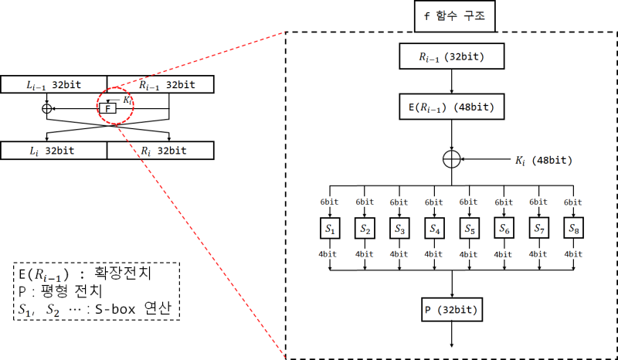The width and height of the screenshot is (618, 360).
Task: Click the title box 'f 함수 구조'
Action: [453, 15]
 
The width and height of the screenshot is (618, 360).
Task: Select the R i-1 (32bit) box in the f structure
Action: [452, 56]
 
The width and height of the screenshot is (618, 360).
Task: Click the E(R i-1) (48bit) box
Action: [452, 107]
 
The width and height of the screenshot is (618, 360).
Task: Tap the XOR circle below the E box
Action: [452, 159]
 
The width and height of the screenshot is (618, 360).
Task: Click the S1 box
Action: [330, 229]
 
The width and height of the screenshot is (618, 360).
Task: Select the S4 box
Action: [434, 229]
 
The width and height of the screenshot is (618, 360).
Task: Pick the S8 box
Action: [573, 229]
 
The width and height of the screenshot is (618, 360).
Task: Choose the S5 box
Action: [469, 229]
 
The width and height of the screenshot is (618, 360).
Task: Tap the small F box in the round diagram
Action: [109, 109]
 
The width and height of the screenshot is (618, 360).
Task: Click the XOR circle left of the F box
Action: [46, 109]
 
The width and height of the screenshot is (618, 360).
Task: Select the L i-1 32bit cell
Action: [54, 84]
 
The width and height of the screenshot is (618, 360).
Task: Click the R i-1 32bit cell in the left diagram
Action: [160, 84]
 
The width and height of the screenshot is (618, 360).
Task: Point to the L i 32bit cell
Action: [54, 150]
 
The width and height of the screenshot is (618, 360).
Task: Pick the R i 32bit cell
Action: [160, 150]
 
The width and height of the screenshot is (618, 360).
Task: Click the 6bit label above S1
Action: [330, 203]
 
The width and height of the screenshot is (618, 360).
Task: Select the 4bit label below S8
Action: [573, 253]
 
